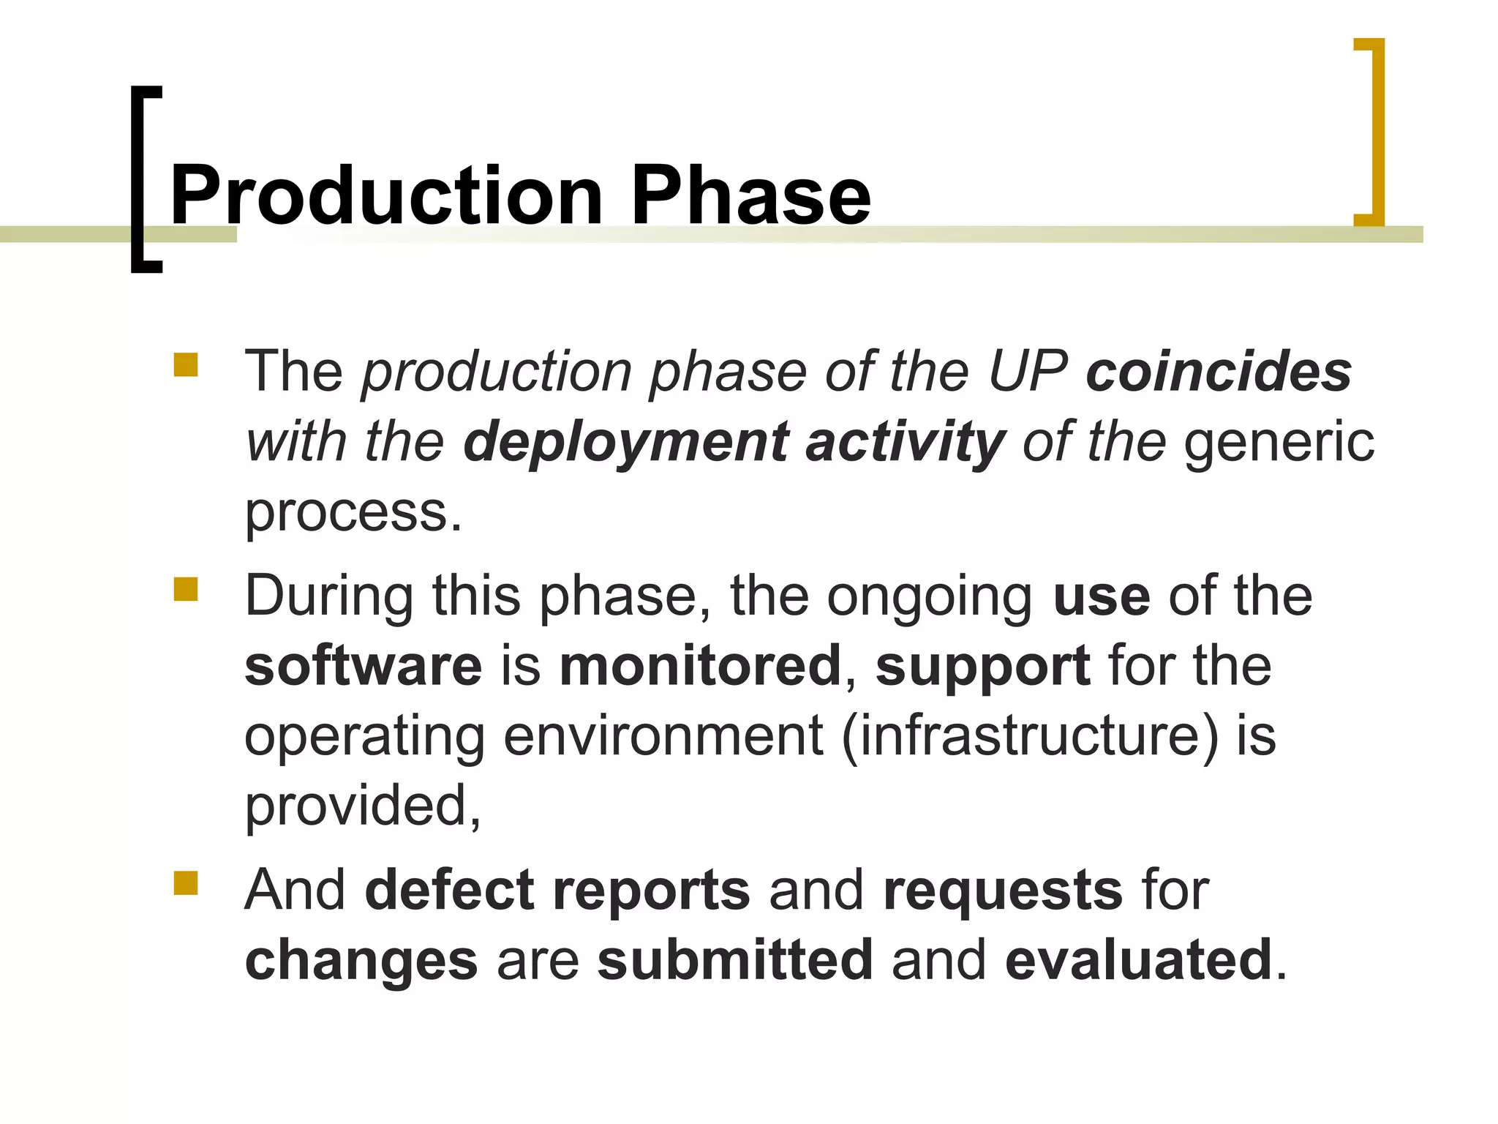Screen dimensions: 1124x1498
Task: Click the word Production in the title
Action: tap(386, 195)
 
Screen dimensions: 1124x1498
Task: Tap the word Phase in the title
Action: tap(750, 195)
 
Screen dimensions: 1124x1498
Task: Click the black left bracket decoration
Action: tap(139, 179)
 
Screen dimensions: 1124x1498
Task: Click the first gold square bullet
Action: tap(186, 364)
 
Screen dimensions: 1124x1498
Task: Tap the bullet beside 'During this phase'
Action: tap(186, 589)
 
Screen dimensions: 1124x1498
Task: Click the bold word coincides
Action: tap(1219, 372)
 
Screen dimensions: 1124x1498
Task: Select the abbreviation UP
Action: tap(1028, 372)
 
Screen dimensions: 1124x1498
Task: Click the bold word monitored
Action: tap(700, 666)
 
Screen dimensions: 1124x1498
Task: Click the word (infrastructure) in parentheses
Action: tap(1031, 736)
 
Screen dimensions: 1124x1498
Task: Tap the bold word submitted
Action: tap(734, 960)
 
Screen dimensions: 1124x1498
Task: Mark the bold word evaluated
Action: tap(1138, 960)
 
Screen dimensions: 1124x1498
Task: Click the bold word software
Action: tap(364, 666)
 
